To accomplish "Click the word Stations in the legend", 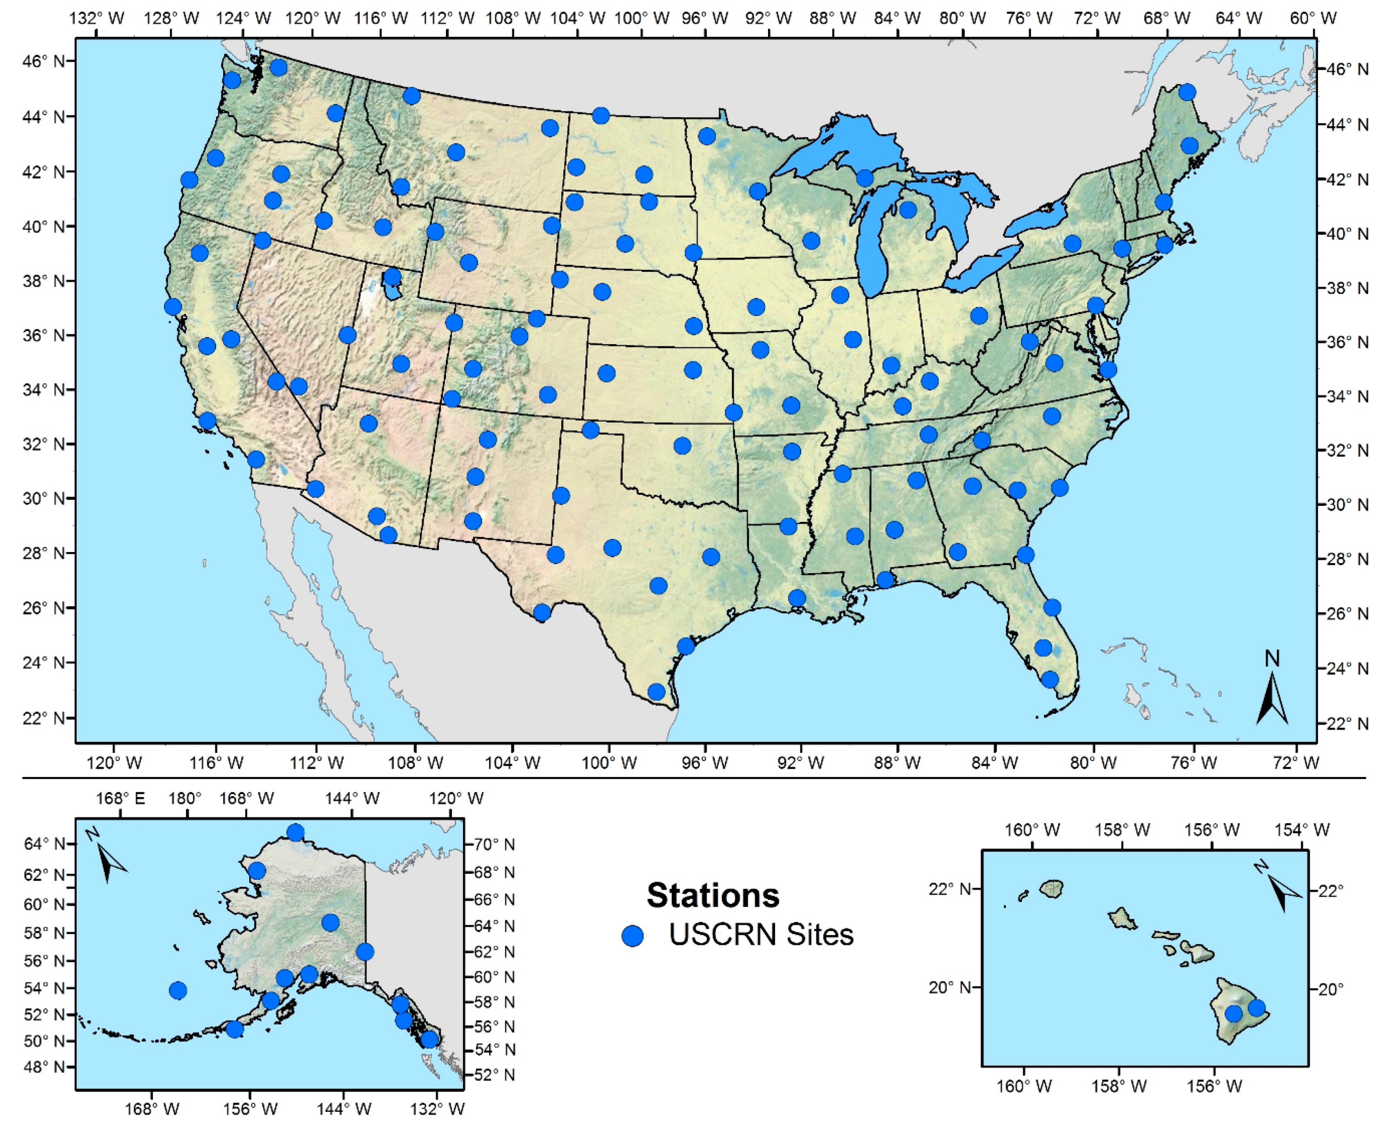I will [713, 895].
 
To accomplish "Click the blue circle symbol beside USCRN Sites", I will [632, 936].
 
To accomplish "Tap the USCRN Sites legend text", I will [761, 935].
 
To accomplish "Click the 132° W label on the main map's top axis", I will [97, 18].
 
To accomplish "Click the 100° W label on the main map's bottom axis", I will [609, 763].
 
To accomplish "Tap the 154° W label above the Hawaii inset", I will [1301, 829].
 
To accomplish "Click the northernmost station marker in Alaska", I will [296, 832].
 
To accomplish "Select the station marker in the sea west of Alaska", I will [178, 990].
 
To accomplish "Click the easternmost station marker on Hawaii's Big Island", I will [1256, 1008].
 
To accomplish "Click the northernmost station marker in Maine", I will [1186, 92].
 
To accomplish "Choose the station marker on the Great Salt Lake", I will [392, 277].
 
